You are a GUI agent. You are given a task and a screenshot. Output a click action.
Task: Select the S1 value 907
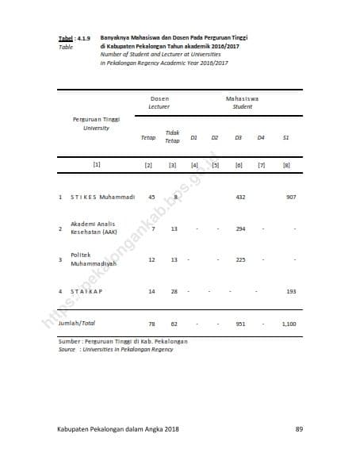click(x=291, y=197)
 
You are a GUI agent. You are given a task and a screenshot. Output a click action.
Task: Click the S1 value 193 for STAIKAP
click(x=291, y=291)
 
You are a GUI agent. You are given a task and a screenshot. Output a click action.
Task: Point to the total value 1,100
click(x=289, y=324)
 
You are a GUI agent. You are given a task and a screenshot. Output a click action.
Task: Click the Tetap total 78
click(x=151, y=324)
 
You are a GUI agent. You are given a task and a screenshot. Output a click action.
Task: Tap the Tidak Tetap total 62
click(x=174, y=324)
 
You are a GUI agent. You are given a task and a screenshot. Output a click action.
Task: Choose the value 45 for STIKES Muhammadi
click(x=151, y=197)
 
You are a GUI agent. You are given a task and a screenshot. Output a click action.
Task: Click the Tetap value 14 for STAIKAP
click(x=151, y=291)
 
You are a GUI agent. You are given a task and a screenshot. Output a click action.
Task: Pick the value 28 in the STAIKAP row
click(x=174, y=291)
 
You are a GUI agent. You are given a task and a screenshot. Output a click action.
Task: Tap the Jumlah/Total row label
click(x=77, y=324)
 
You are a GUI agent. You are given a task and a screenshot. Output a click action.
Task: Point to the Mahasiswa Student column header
click(x=242, y=102)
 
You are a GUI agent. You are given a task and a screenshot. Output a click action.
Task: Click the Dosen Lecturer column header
click(x=159, y=102)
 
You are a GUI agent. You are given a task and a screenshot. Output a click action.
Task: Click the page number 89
click(x=299, y=429)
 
